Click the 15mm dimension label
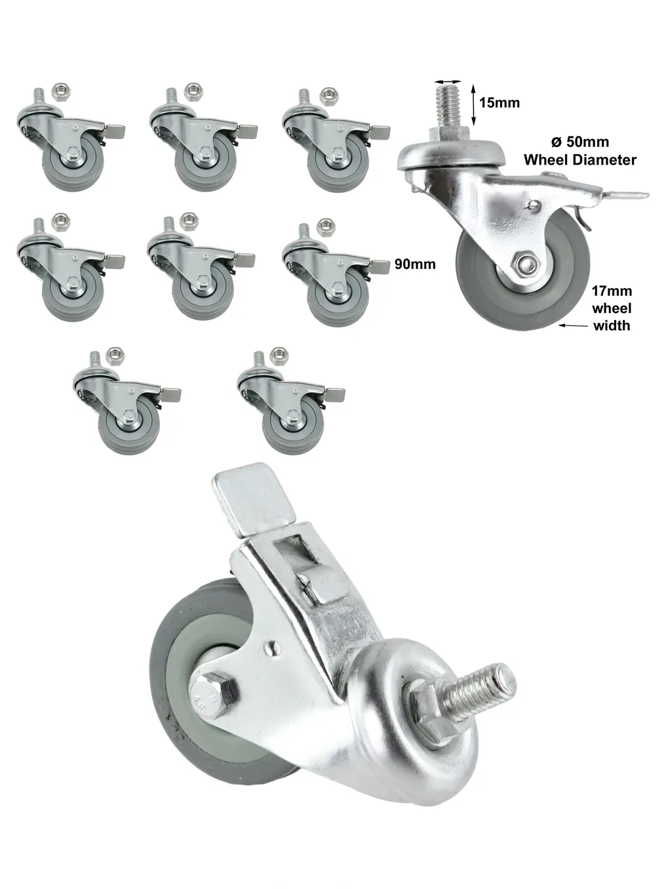click(x=499, y=103)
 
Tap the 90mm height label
click(x=415, y=264)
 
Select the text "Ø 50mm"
click(x=580, y=142)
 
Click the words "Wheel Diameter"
click(x=580, y=160)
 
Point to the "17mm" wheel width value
click(x=612, y=291)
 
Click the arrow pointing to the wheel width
click(x=574, y=325)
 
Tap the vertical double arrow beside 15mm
click(x=474, y=105)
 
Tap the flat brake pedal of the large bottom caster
click(x=252, y=498)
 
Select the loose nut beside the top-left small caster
click(x=61, y=92)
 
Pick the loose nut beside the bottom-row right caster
click(x=279, y=356)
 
